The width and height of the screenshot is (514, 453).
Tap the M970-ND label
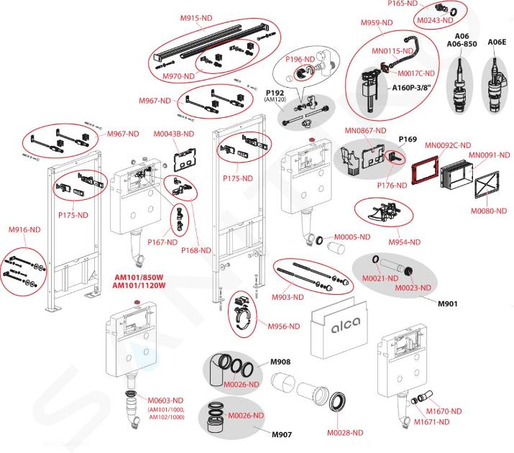coord(178,76)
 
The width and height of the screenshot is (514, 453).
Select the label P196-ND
coord(300,59)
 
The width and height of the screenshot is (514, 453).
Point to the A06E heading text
coord(497,42)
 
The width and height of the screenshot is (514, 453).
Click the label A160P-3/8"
coord(411,88)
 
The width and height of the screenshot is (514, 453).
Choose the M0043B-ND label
coord(173,134)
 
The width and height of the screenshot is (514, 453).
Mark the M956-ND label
coord(283,326)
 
